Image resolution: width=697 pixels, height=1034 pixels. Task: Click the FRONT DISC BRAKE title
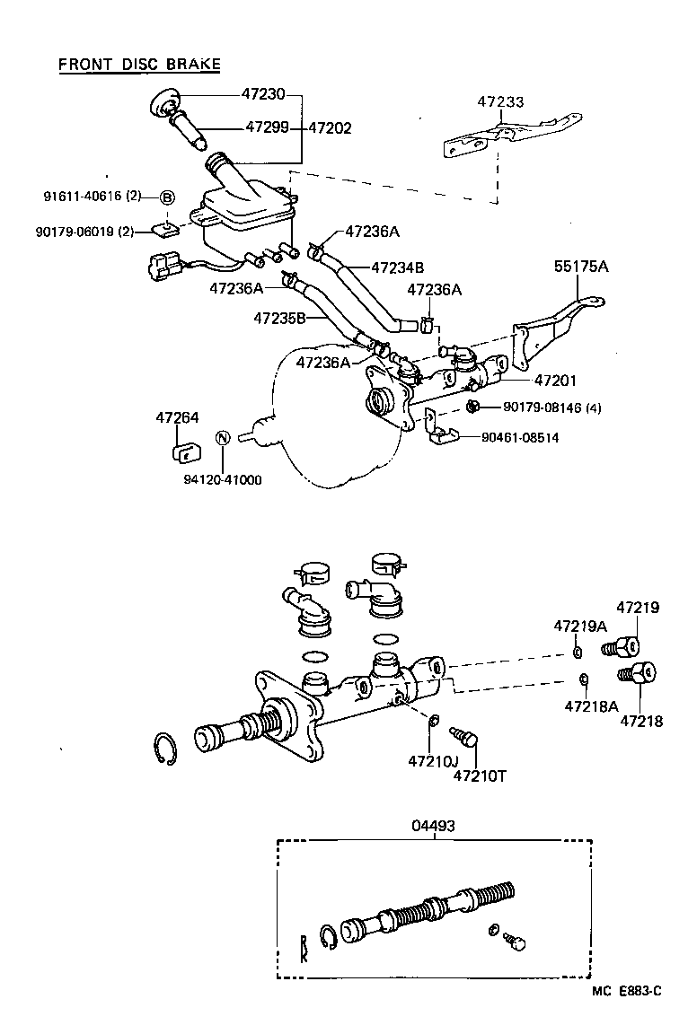[x=139, y=65]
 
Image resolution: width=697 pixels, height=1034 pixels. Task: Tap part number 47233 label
[x=500, y=103]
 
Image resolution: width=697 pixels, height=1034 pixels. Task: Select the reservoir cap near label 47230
[x=164, y=104]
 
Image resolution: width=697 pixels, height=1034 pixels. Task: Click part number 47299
[x=267, y=127]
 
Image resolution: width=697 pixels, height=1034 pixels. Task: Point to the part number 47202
[x=330, y=127]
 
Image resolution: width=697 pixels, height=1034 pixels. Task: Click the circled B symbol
[x=167, y=197]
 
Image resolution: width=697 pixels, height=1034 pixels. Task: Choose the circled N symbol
[x=224, y=437]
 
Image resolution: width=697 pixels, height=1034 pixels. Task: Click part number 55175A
[x=581, y=267]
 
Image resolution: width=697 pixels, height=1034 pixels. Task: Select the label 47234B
[x=397, y=267]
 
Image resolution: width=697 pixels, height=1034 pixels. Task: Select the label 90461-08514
[x=520, y=438]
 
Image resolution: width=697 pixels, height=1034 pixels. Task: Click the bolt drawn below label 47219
[x=622, y=644]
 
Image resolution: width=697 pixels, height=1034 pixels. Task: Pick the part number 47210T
[x=479, y=775]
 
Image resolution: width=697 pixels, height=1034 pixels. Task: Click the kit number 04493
[x=435, y=826]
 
